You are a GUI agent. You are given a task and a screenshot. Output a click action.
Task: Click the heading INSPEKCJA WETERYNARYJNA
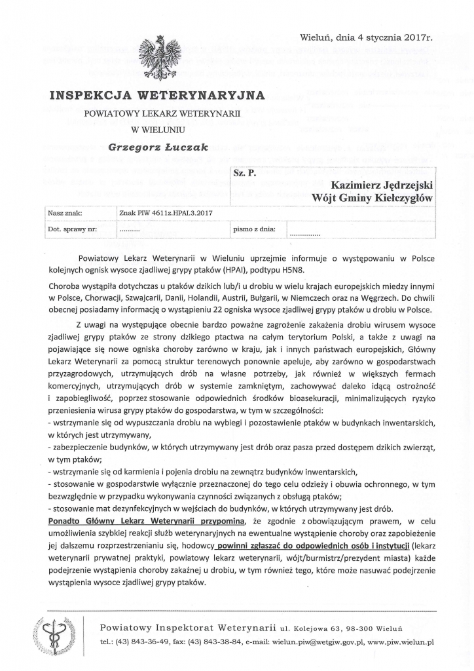[157, 96]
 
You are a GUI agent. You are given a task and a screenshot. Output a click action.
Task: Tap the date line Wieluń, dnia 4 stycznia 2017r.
[367, 39]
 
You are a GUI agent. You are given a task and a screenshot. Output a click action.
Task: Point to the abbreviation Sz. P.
[244, 174]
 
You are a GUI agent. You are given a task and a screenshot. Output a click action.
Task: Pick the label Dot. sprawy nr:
[72, 230]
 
